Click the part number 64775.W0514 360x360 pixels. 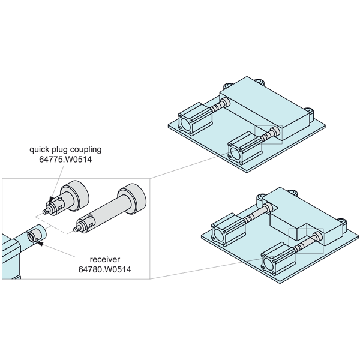pyautogui.click(x=65, y=160)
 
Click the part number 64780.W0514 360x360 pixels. pyautogui.click(x=104, y=269)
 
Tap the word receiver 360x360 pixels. pyautogui.click(x=104, y=259)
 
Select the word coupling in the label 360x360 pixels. pyautogui.click(x=86, y=149)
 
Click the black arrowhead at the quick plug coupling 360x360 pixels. pyautogui.click(x=52, y=199)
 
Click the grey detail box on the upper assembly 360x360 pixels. pyautogui.click(x=268, y=134)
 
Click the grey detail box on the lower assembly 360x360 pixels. pyautogui.click(x=306, y=241)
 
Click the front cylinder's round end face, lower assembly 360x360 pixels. pyautogui.click(x=268, y=263)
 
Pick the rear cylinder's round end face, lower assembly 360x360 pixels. pyautogui.click(x=218, y=235)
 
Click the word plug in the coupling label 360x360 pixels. pyautogui.click(x=59, y=149)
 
